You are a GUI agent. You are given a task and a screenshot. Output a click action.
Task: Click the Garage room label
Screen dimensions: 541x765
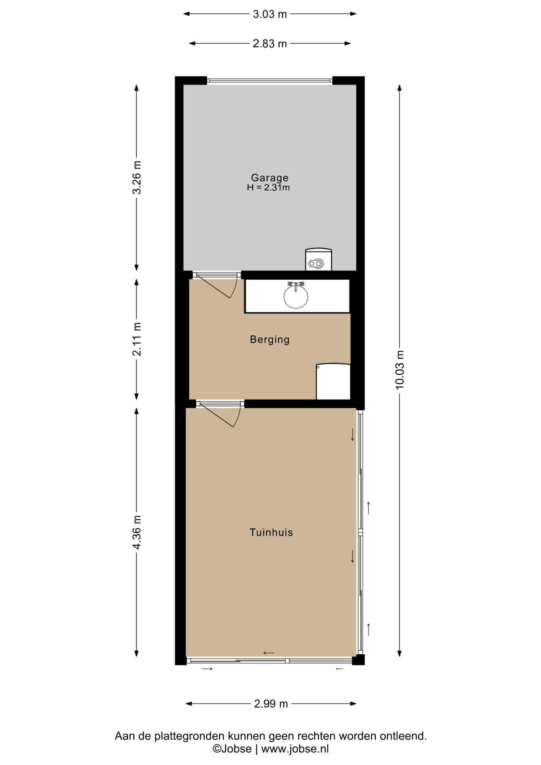[x=270, y=178]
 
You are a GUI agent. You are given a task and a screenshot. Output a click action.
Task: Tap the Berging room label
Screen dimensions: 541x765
[x=270, y=339]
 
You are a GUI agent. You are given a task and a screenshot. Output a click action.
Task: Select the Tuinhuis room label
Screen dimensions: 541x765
[x=271, y=532]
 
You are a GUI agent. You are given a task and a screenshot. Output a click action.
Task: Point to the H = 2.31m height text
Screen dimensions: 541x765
[x=268, y=188]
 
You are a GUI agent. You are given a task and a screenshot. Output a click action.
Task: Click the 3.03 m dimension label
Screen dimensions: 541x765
[x=270, y=14]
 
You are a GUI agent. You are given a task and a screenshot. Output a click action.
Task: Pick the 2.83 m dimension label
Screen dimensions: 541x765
[x=270, y=44]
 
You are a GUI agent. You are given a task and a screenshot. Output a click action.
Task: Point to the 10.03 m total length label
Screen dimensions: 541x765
[x=400, y=370]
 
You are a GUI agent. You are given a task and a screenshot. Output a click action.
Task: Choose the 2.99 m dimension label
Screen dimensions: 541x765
[x=271, y=704]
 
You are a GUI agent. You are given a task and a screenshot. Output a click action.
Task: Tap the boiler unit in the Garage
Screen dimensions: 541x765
[x=319, y=259]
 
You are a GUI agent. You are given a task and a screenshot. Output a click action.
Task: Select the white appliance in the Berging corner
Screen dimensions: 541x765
[x=333, y=381]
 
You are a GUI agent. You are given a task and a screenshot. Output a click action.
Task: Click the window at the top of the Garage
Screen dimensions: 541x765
[x=270, y=81]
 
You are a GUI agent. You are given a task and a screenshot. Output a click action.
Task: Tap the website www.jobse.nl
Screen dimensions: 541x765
[x=295, y=749]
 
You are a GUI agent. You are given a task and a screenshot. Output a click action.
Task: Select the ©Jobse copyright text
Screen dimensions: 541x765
[x=232, y=749]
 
